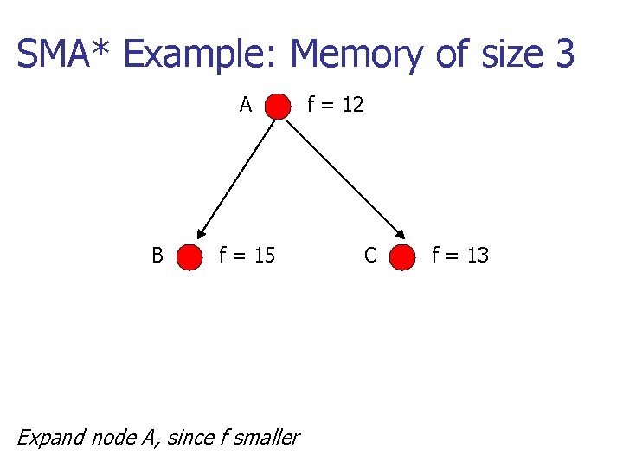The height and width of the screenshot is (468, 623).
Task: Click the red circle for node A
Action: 278,107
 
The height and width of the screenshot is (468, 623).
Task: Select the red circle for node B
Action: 189,257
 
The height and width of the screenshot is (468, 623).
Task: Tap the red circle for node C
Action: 401,257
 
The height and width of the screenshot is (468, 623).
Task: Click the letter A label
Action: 246,106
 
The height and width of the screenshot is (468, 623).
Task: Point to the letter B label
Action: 157,256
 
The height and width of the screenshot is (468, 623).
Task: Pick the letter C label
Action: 369,256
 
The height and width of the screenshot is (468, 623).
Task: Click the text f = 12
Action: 336,106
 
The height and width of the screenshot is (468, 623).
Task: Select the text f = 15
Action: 247,256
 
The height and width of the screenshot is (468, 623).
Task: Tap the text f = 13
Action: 460,256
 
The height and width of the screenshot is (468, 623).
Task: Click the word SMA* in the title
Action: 63,55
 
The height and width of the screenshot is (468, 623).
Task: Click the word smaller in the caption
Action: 265,437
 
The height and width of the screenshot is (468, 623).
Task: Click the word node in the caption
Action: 111,437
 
